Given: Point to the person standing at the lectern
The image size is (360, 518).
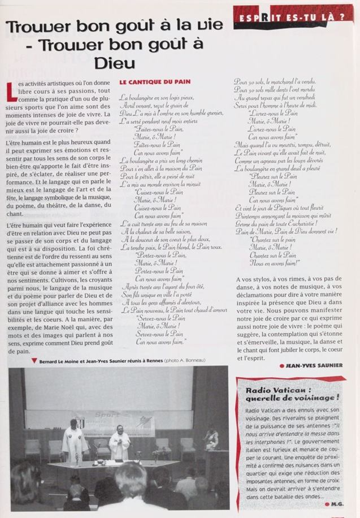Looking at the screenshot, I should [211, 438].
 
